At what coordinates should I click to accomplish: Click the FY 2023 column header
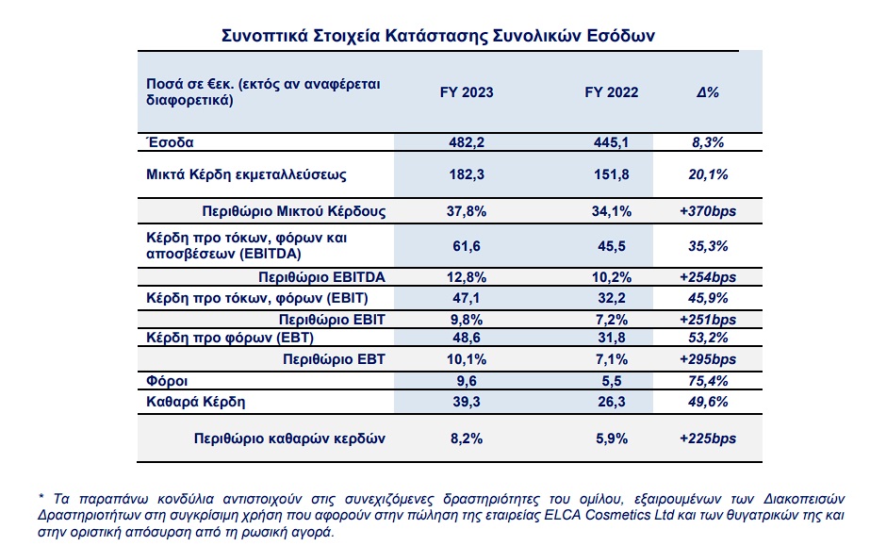467,92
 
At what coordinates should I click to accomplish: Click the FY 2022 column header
612,92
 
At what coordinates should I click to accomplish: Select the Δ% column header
708,92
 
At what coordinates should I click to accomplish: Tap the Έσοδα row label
170,142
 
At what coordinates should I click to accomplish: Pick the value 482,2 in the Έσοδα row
467,142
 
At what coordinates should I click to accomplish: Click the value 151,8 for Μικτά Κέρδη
612,174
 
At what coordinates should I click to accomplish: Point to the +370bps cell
708,211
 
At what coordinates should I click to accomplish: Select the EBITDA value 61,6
467,246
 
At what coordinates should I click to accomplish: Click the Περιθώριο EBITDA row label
321,277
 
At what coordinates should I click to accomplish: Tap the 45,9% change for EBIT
708,298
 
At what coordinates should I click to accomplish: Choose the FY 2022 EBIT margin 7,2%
612,320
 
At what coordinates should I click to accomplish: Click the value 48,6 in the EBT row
467,338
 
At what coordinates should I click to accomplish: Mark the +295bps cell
708,359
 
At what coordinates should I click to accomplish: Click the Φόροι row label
167,381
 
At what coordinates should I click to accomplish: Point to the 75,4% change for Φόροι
708,381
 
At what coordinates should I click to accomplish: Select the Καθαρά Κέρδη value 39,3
467,402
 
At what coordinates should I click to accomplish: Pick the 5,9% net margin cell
612,438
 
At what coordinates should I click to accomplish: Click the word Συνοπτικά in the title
265,36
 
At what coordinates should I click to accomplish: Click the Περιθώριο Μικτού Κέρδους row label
293,211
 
